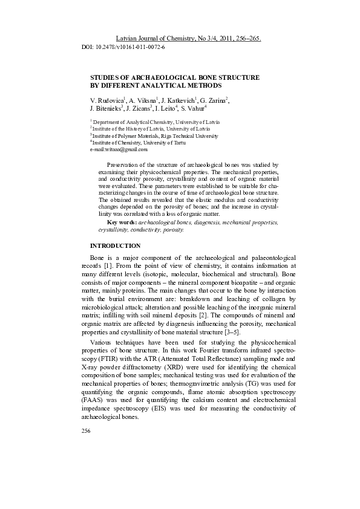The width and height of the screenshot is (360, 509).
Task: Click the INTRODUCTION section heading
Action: coord(115,246)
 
